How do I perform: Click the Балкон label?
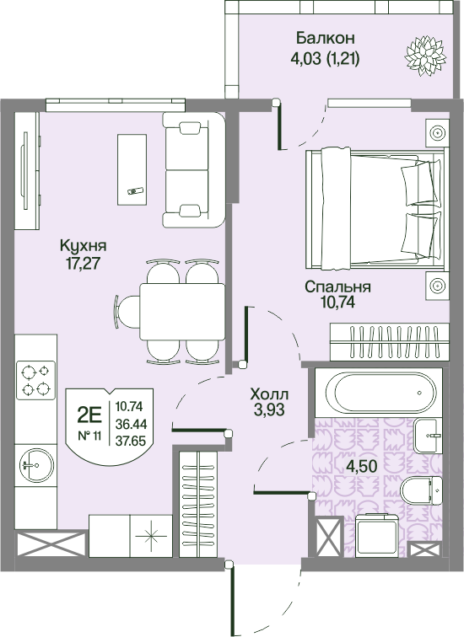[x=326, y=38]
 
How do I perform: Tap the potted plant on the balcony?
[x=425, y=56]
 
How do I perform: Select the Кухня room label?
[x=84, y=245]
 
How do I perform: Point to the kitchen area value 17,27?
[x=83, y=263]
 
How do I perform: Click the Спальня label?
[x=338, y=286]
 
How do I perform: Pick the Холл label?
[x=269, y=393]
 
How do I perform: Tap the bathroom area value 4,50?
[x=362, y=466]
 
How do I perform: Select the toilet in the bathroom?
[x=421, y=490]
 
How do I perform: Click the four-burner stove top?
[x=35, y=380]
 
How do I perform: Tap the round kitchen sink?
[x=36, y=465]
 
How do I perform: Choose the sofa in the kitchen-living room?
[x=193, y=170]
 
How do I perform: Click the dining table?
[x=181, y=312]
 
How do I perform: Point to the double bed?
[x=375, y=208]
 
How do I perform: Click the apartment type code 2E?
[x=89, y=415]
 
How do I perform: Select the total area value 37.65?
[x=131, y=441]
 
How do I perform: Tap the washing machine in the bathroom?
[x=377, y=535]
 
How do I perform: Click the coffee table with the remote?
[x=132, y=170]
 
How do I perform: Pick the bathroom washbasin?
[x=428, y=436]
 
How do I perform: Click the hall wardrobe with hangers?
[x=198, y=504]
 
